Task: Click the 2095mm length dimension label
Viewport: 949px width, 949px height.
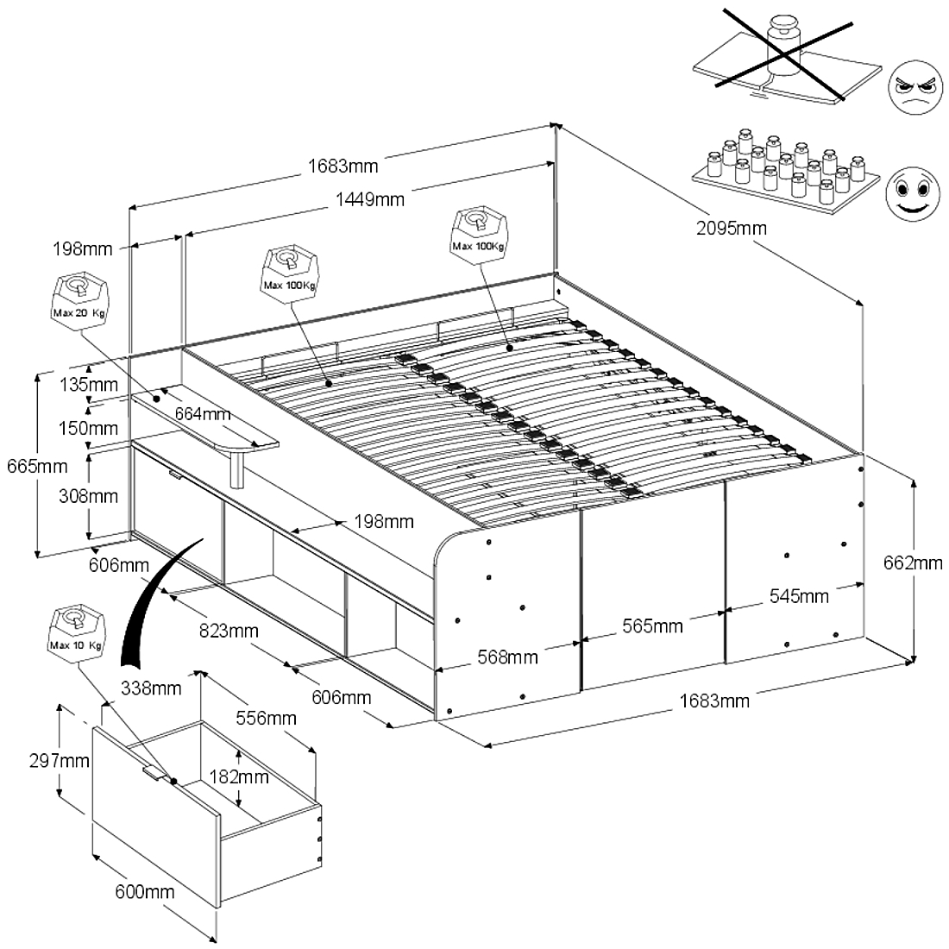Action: click(731, 229)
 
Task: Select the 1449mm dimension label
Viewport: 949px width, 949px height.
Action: click(371, 200)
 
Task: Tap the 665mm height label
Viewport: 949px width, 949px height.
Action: click(35, 467)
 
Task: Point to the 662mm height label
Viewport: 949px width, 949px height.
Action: click(914, 563)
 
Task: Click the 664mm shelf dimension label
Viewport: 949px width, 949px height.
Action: click(203, 413)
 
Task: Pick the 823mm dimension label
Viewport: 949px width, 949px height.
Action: click(229, 631)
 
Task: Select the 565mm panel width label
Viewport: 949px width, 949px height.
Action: click(653, 625)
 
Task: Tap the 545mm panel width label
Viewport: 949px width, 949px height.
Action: click(800, 596)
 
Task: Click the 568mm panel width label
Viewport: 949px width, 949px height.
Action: click(508, 657)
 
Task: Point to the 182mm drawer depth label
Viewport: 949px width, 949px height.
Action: click(240, 776)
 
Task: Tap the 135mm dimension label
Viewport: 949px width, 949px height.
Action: click(89, 384)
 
